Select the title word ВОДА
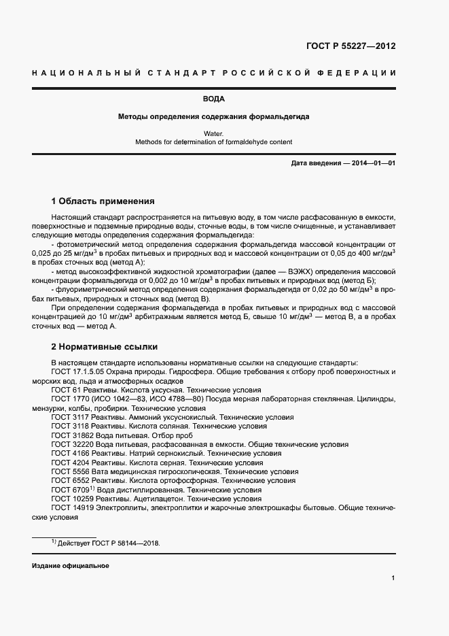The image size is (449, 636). point(213,99)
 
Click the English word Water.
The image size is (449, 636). point(213,134)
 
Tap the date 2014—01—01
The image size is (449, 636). point(373,164)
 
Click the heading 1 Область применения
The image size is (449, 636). point(103,201)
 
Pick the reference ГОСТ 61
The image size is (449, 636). point(65,390)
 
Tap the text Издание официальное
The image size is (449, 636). point(70,566)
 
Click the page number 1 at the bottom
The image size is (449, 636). point(393,578)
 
